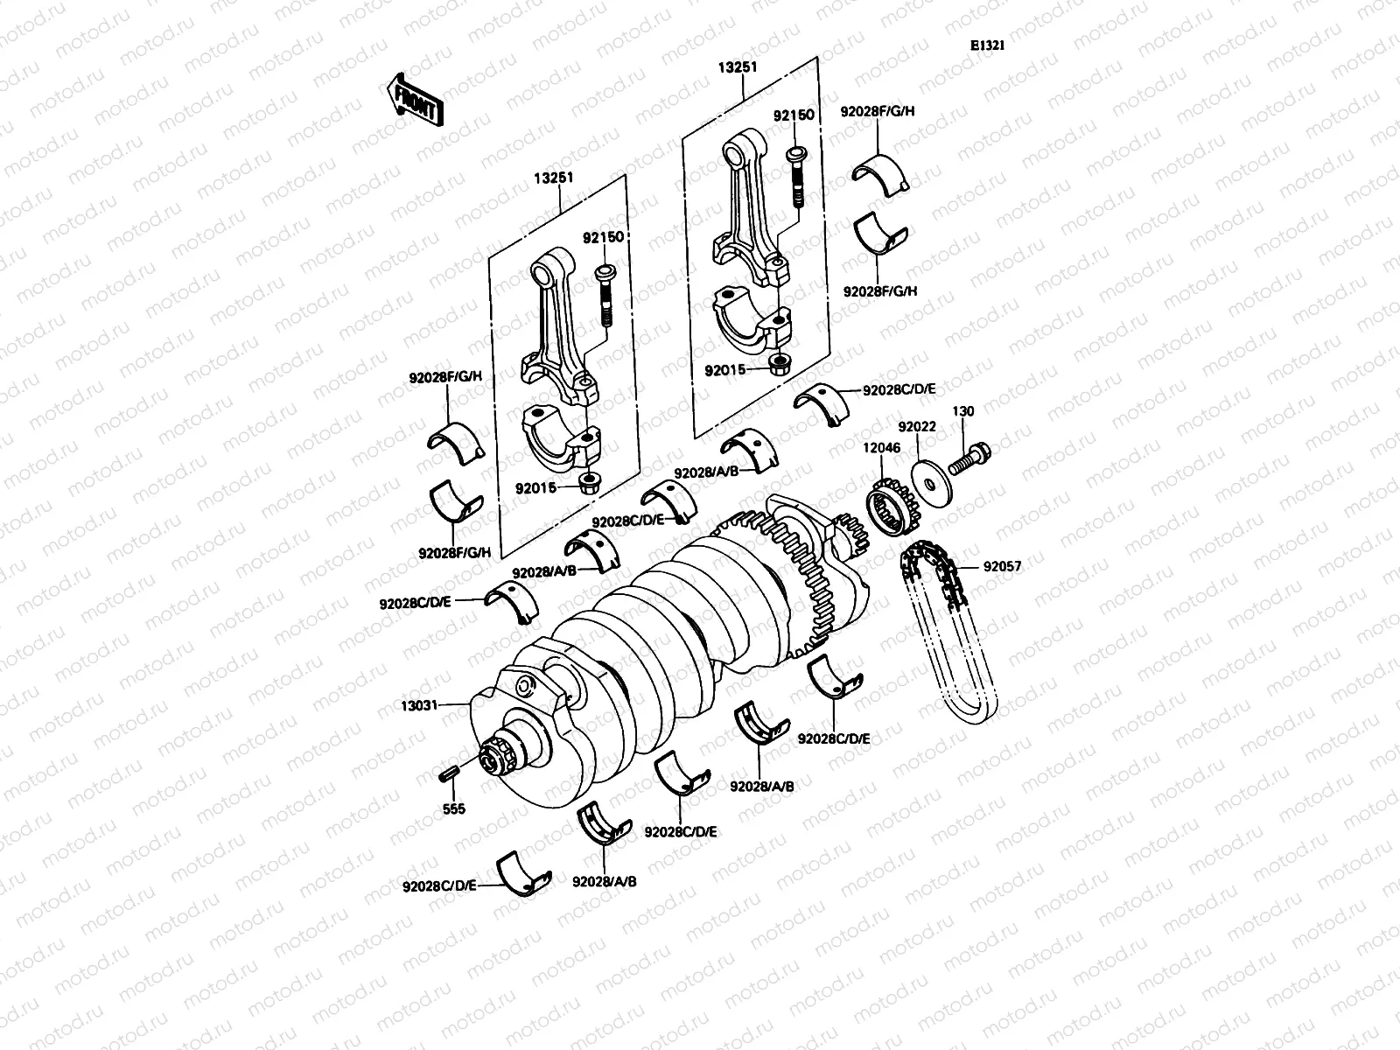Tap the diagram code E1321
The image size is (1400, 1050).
(986, 46)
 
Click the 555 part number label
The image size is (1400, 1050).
(453, 809)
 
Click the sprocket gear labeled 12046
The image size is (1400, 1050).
(890, 507)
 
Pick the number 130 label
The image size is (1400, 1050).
(962, 411)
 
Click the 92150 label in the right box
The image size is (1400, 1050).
(793, 115)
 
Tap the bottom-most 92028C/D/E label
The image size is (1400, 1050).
(439, 885)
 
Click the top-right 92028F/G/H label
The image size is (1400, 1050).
(878, 112)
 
